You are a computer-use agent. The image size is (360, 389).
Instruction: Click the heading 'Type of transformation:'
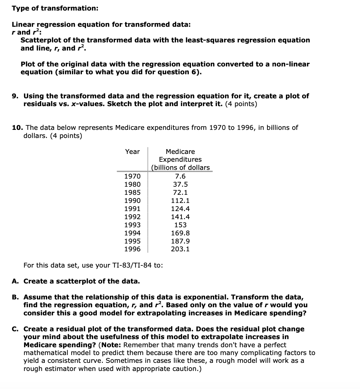(x=55, y=8)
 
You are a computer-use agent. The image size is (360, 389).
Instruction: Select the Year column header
(x=132, y=152)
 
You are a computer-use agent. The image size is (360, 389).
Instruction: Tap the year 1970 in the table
(x=132, y=176)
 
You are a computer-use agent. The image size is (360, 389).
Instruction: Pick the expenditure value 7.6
(x=180, y=176)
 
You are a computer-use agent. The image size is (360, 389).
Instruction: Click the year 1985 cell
(x=132, y=192)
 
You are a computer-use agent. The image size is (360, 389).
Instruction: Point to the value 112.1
(x=180, y=201)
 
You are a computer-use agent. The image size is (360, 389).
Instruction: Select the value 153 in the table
(x=180, y=225)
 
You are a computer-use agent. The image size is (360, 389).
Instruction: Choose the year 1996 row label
(x=132, y=249)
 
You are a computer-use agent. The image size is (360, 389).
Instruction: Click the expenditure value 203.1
(x=180, y=249)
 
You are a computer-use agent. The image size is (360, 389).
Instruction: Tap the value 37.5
(x=180, y=184)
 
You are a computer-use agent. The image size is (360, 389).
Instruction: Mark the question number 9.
(x=15, y=96)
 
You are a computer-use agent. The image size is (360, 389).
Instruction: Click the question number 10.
(x=16, y=127)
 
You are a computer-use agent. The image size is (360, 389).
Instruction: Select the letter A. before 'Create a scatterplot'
(x=15, y=281)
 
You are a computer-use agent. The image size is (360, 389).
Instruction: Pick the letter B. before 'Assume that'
(x=15, y=297)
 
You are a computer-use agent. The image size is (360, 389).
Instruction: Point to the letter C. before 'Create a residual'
(x=15, y=329)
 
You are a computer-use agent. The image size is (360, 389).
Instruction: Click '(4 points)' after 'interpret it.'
(x=241, y=104)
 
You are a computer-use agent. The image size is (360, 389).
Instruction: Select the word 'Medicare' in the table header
(x=180, y=152)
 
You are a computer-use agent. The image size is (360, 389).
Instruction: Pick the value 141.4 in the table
(x=180, y=217)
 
